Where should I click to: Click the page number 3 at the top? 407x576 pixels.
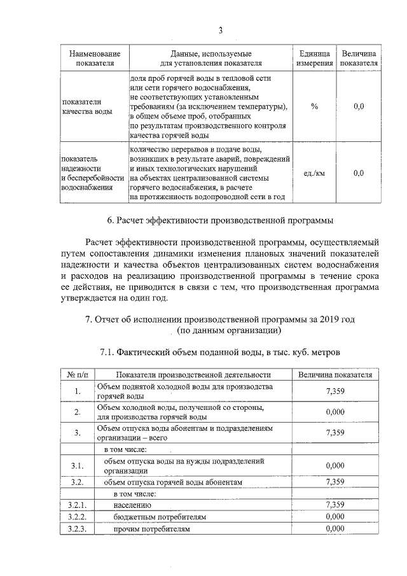tap(220, 31)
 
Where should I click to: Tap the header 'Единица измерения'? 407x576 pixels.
tap(314, 59)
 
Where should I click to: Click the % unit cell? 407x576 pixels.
tap(314, 106)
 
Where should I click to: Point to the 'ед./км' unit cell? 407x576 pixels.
tap(314, 173)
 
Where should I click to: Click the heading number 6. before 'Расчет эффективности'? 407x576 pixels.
tap(112, 221)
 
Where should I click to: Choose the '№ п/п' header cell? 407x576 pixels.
tap(76, 375)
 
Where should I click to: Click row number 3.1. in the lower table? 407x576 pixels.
tap(76, 465)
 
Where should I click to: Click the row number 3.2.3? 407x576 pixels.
tap(76, 529)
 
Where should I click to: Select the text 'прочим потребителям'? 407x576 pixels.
tap(151, 529)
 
